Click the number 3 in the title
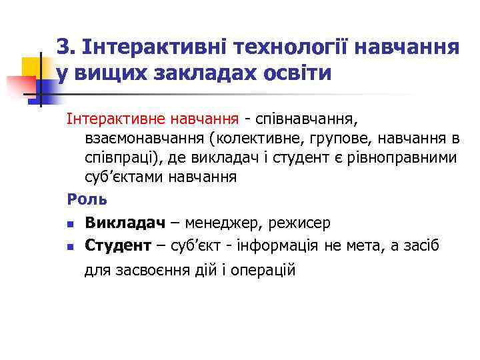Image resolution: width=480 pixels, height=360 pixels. click(x=63, y=47)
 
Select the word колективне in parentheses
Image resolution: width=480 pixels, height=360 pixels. click(x=250, y=139)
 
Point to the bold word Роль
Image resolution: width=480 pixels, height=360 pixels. click(x=82, y=199)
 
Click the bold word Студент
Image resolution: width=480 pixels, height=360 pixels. click(x=118, y=245)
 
